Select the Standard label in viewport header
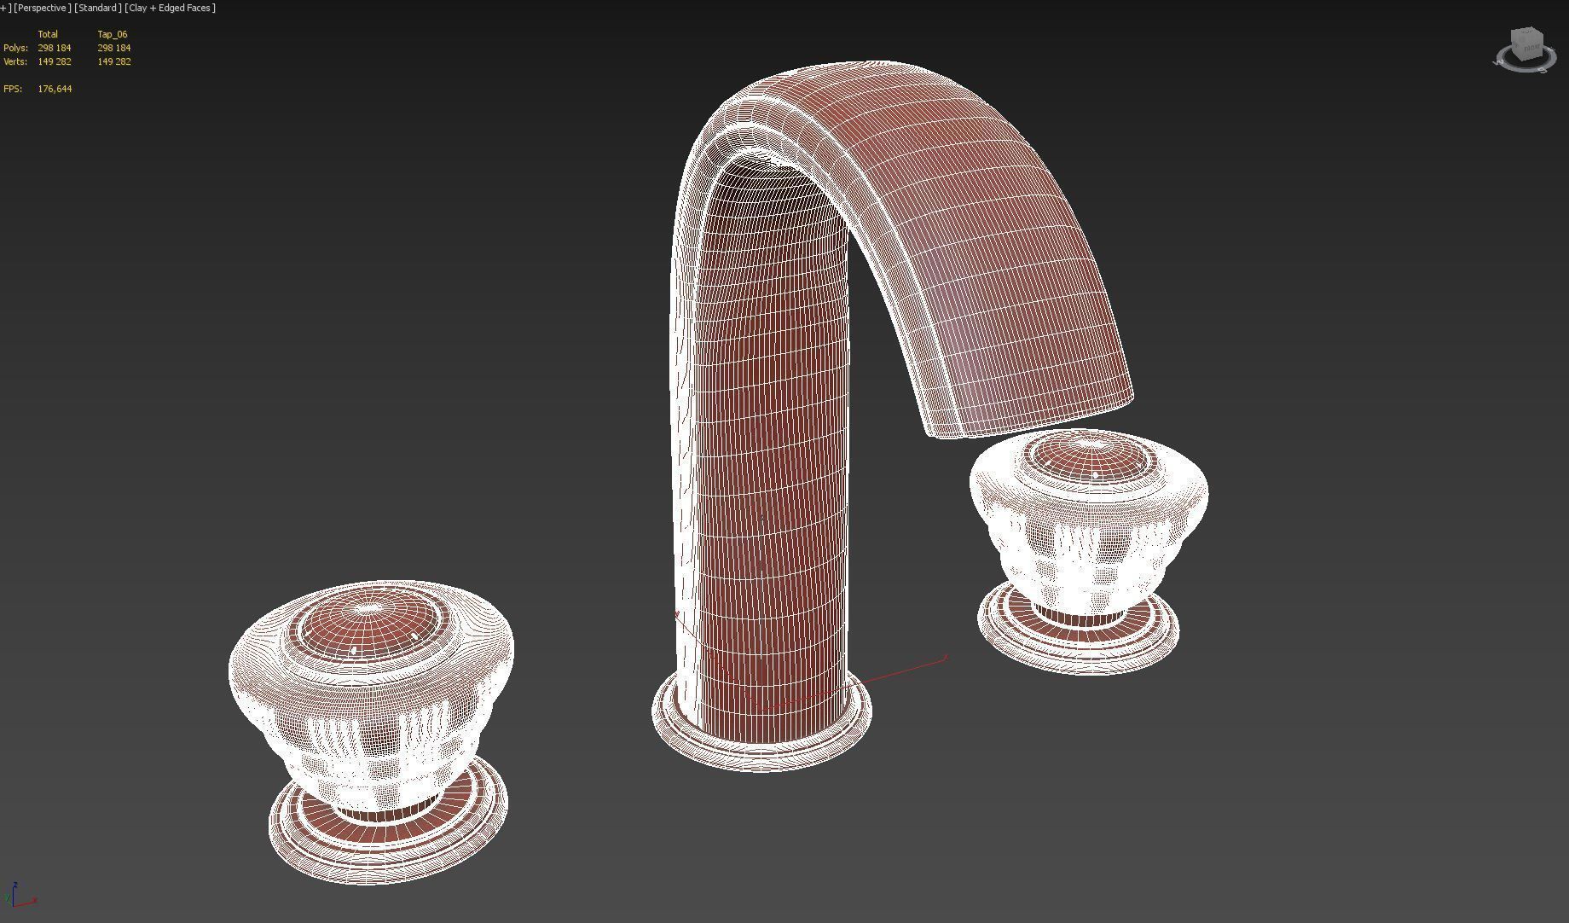click(x=97, y=8)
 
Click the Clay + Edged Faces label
click(x=170, y=8)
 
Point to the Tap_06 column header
click(x=112, y=34)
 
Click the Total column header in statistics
click(x=48, y=34)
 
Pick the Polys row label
click(x=15, y=48)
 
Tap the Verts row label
click(x=15, y=61)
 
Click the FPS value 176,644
click(x=55, y=89)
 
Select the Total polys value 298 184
click(x=55, y=48)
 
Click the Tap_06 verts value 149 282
click(x=113, y=61)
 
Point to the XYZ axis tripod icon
click(x=20, y=896)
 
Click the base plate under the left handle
click(x=388, y=845)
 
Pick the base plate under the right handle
click(x=1079, y=644)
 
